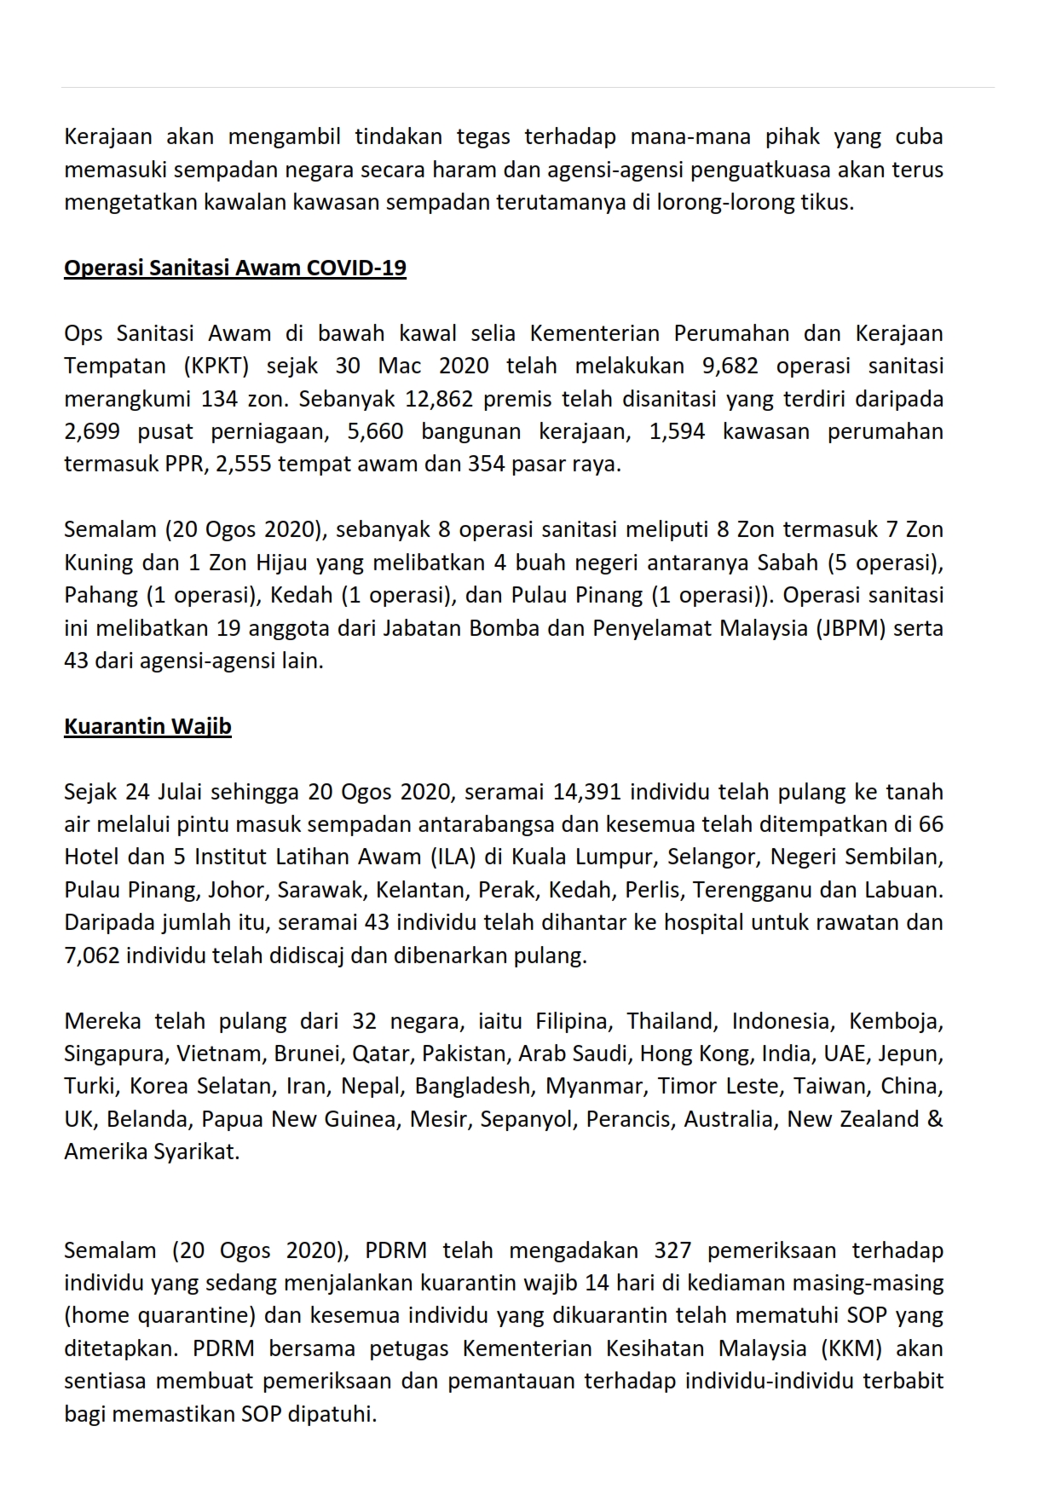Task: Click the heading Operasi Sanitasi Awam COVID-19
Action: point(235,268)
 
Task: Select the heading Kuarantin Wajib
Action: point(147,726)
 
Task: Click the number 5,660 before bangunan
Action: point(375,431)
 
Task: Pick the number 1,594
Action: point(677,431)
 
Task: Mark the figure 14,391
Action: point(586,792)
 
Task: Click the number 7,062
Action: point(92,955)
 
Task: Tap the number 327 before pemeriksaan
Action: point(672,1250)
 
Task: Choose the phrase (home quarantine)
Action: point(160,1316)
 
